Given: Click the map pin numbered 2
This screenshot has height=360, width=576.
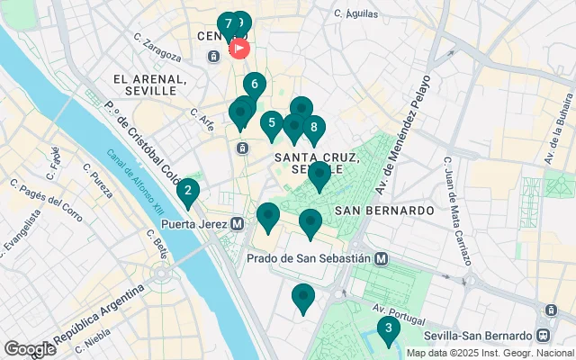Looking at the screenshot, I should pos(187,191).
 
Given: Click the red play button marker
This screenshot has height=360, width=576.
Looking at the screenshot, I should pos(239,48).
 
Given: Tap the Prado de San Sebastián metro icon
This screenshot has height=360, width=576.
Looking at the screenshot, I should pos(382,258).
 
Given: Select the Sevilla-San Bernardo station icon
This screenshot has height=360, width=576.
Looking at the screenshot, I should pos(549,310).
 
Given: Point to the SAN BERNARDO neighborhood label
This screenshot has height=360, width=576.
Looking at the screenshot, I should pos(384,210).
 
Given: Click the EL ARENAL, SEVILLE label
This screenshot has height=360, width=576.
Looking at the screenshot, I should pos(150,85).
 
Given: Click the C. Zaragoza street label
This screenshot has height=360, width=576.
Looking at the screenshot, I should pos(157,47).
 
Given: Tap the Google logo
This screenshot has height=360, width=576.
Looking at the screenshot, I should pos(30,349).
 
